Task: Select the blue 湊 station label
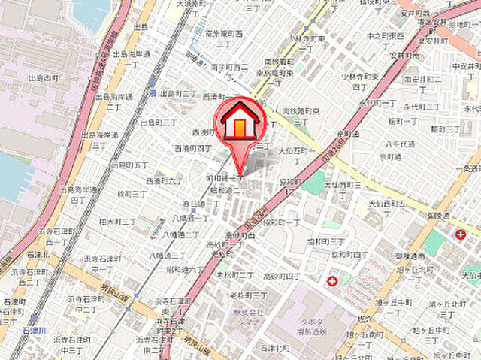click(152, 92)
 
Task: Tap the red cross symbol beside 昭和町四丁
click(331, 282)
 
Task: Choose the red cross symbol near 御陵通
click(460, 234)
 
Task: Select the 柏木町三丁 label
click(116, 222)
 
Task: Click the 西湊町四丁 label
click(194, 147)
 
